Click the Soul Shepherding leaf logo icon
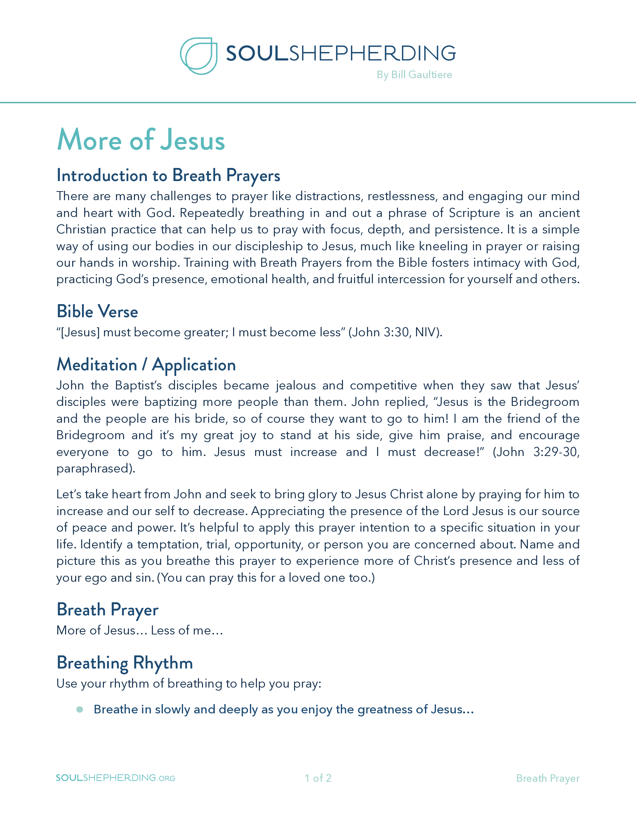[199, 56]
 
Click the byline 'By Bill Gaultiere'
[414, 74]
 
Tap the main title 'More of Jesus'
[141, 140]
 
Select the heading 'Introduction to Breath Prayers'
[168, 175]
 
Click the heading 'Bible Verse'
[97, 312]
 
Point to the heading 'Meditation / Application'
[146, 365]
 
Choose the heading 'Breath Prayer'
[107, 610]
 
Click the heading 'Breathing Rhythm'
[125, 663]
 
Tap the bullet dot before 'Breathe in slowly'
[79, 710]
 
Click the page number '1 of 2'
[318, 778]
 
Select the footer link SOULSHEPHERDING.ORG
[115, 778]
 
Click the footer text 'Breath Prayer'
[547, 778]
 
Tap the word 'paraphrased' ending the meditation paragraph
[94, 468]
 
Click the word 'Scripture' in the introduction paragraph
[474, 213]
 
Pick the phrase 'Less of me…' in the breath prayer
[187, 630]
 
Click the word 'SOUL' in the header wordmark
[257, 53]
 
